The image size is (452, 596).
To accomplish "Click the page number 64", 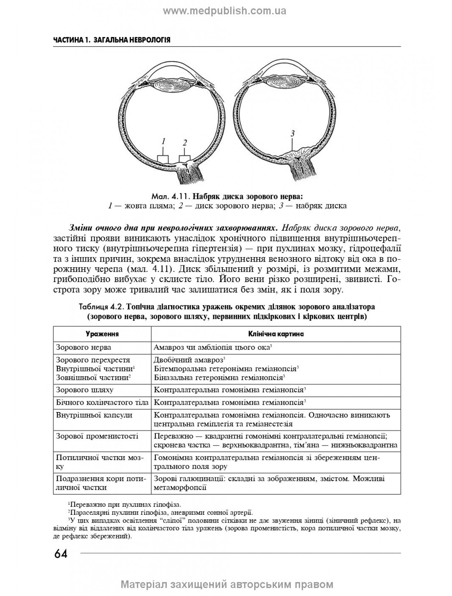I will (61, 554).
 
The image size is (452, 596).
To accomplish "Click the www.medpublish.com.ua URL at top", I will (225, 11).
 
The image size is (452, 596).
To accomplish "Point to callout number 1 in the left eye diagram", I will (163, 141).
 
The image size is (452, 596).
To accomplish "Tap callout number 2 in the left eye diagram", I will (185, 143).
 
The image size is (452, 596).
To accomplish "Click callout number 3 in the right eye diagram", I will (293, 133).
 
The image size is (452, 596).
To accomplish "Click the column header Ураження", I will (102, 334).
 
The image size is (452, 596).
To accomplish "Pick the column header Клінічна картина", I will (276, 334).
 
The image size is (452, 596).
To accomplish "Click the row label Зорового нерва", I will (84, 347).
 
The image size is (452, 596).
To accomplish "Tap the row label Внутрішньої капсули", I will (94, 415).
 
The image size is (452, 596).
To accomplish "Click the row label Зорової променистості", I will (97, 436).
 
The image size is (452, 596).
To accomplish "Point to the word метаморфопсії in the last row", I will (180, 487).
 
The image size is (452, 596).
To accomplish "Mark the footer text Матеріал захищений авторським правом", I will (227, 584).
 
